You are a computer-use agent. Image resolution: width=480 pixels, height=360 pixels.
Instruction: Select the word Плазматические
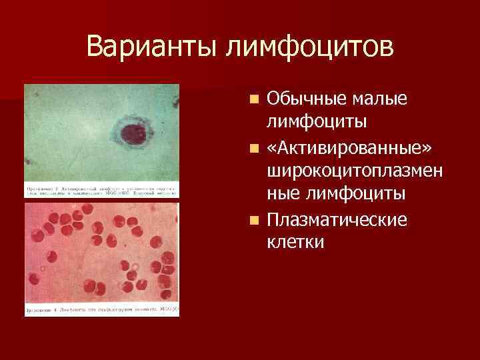337,219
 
